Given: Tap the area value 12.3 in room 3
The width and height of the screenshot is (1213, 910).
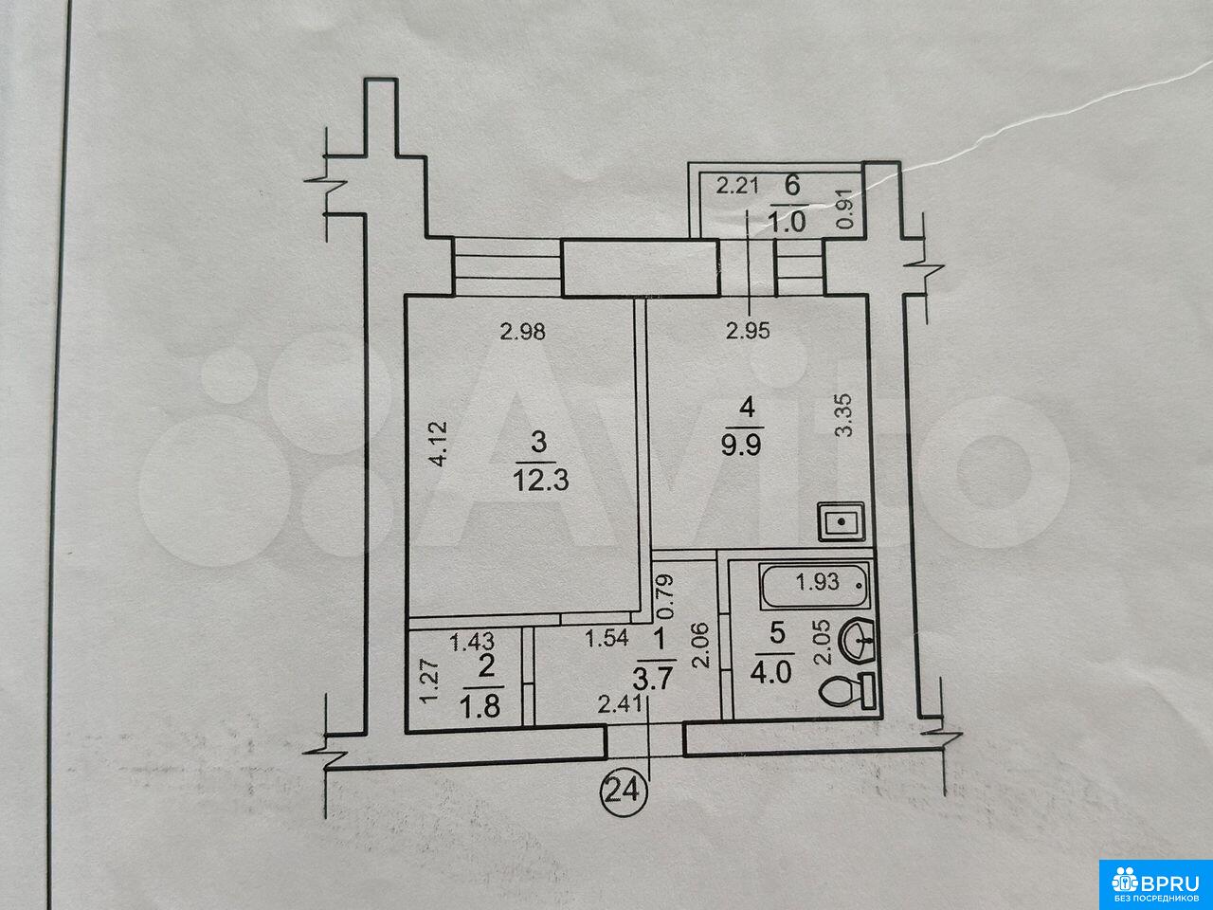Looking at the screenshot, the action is click(x=540, y=481).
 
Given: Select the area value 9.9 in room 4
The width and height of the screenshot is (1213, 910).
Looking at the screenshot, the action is click(x=742, y=444).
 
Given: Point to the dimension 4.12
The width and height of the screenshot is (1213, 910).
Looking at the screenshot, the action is click(x=439, y=444).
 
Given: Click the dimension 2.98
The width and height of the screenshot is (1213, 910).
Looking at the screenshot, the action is click(x=522, y=332).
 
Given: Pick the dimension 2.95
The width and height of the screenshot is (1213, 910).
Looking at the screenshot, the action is click(x=748, y=331).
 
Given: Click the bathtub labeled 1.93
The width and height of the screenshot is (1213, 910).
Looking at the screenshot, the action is click(x=814, y=585).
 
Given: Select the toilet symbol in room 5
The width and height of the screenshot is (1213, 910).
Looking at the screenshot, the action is click(x=846, y=690).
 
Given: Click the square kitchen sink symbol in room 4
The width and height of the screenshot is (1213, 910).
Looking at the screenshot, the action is click(x=841, y=522).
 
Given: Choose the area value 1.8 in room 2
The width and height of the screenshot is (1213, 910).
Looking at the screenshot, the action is click(x=480, y=706).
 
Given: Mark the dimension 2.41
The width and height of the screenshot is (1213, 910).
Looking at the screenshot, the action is click(x=620, y=704).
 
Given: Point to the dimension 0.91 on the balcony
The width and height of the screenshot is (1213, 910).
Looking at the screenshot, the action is click(x=846, y=209).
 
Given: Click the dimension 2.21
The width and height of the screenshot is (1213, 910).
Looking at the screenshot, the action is click(x=737, y=186).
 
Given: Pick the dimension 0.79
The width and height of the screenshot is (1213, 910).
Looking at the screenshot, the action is click(x=666, y=596).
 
